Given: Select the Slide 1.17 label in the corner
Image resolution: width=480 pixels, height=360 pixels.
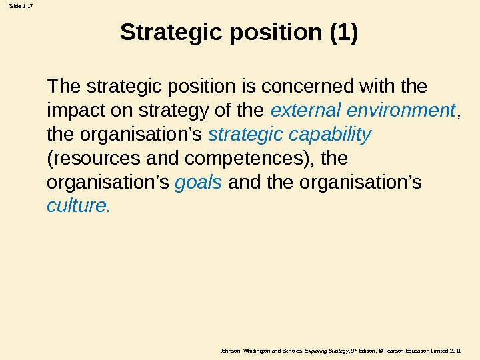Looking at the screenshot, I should [x=19, y=7].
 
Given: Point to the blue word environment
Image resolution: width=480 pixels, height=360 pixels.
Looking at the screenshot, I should [x=401, y=110].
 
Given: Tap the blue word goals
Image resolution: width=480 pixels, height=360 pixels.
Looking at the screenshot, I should [x=198, y=183].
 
